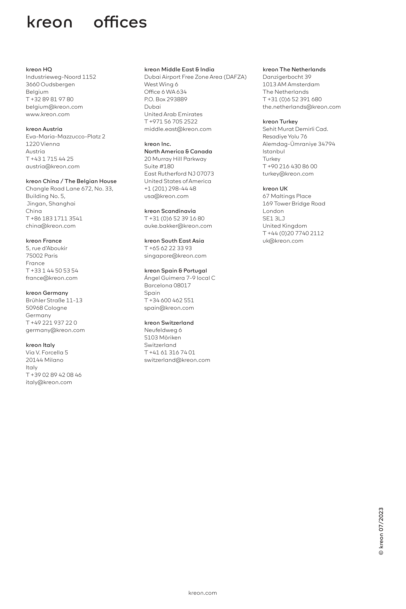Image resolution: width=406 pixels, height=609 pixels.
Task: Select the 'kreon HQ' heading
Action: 39,69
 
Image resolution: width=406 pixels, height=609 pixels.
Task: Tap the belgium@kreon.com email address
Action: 54,107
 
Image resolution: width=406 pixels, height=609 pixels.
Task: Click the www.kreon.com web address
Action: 48,114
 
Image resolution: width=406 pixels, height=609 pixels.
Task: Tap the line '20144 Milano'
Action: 44,360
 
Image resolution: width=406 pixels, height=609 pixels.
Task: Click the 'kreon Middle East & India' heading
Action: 179,69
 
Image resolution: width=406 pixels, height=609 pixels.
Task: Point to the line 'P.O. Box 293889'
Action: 165,99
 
